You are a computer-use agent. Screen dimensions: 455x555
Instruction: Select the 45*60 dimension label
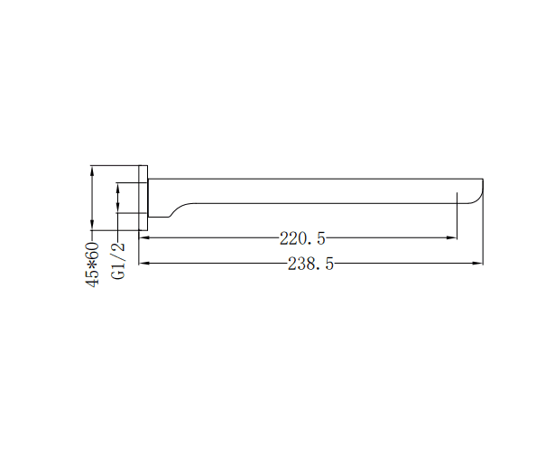[x=92, y=265]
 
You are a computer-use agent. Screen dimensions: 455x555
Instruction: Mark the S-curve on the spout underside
[x=180, y=209]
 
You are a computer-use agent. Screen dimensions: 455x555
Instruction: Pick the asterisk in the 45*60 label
[x=92, y=265]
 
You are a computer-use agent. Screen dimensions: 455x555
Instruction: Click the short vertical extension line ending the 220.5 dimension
[x=457, y=221]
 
